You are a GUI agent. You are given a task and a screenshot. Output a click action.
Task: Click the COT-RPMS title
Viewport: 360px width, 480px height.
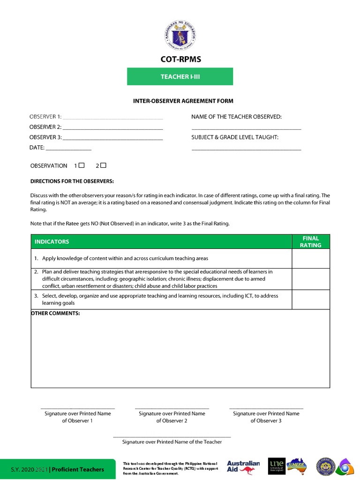180,60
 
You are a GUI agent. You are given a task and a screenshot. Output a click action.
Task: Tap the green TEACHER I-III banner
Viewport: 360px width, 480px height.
180,76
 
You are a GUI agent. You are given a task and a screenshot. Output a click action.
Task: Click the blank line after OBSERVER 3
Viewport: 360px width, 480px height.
112,138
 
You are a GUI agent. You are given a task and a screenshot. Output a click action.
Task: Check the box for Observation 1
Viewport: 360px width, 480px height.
82,165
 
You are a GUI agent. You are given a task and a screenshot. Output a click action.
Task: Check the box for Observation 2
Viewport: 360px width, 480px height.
104,165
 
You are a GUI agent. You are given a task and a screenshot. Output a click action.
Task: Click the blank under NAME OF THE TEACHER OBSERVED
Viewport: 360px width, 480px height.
246,128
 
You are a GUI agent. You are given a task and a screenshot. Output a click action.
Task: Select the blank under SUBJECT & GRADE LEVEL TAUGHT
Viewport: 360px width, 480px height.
246,149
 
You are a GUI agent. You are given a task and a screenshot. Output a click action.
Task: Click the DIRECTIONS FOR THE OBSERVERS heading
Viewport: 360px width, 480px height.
72,181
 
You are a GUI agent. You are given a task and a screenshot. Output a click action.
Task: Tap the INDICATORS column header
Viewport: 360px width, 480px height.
52,241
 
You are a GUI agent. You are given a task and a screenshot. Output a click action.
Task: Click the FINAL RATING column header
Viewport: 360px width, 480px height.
311,241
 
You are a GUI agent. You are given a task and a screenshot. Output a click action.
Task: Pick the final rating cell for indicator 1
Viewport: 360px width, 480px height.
311,258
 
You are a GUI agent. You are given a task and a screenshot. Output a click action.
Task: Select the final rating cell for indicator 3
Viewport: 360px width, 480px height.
311,300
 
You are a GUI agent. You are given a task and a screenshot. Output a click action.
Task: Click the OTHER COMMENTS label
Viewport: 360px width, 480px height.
55,313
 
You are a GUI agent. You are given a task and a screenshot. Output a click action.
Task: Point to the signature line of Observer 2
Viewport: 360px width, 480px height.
172,408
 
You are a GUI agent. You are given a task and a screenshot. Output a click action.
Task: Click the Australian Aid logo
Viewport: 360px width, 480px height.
243,466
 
